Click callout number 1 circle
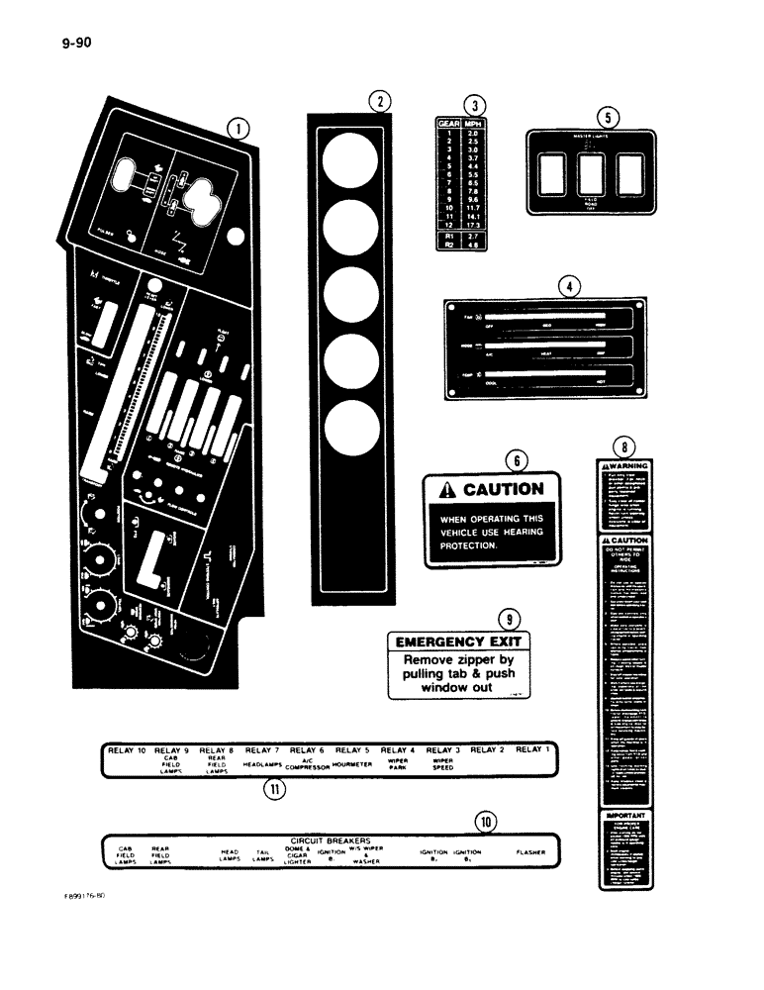(x=237, y=127)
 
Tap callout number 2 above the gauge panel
(x=378, y=100)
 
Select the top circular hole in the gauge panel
(x=349, y=159)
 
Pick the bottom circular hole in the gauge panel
(x=349, y=429)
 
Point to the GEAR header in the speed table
(x=448, y=126)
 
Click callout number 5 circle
(x=612, y=116)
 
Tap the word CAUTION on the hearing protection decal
(x=502, y=489)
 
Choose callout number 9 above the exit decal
(x=508, y=619)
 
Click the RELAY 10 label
(x=128, y=750)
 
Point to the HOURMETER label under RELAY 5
(x=351, y=763)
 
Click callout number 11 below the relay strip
(x=270, y=790)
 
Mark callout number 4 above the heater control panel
(x=568, y=287)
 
